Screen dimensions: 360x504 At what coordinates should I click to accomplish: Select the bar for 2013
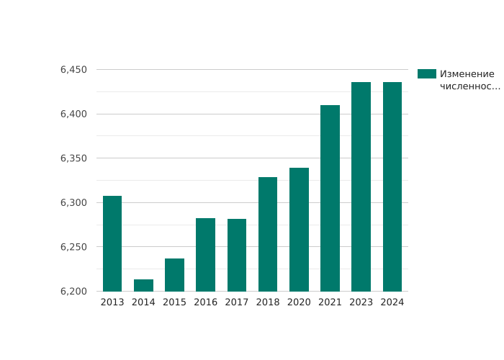[112, 243]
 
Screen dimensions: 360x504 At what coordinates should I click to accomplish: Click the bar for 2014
[143, 285]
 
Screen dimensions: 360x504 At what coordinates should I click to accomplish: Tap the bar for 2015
[174, 275]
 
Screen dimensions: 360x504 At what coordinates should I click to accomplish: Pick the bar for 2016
[205, 254]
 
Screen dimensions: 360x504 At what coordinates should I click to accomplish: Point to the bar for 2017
[237, 255]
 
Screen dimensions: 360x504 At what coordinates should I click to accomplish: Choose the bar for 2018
[268, 234]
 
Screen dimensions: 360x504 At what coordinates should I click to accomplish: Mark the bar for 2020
[299, 230]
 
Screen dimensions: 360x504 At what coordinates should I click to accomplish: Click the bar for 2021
[330, 198]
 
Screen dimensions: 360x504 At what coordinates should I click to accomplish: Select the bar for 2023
[361, 186]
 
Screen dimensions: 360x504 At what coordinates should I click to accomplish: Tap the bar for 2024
[392, 186]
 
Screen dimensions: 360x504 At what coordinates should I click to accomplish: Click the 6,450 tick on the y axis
[73, 70]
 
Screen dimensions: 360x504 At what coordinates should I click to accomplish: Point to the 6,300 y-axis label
[73, 203]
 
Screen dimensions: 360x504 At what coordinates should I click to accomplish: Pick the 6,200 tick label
[73, 292]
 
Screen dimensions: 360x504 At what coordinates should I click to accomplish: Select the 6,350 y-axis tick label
[73, 158]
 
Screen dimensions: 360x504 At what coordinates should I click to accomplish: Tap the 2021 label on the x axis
[330, 302]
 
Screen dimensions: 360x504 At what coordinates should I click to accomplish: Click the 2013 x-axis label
[112, 302]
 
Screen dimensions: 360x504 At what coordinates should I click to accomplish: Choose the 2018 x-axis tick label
[268, 302]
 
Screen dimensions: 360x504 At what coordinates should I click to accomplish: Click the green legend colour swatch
[426, 74]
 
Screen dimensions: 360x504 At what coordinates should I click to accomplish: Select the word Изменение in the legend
[467, 74]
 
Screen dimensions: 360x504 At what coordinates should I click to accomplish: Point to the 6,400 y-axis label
[73, 114]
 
